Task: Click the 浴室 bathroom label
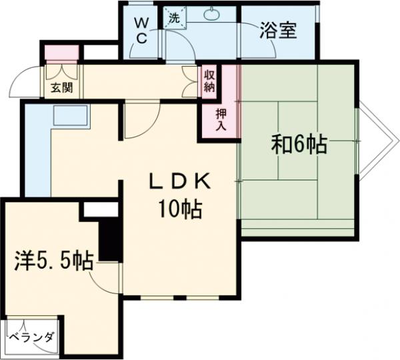click(279, 31)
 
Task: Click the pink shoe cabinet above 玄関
click(61, 52)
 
